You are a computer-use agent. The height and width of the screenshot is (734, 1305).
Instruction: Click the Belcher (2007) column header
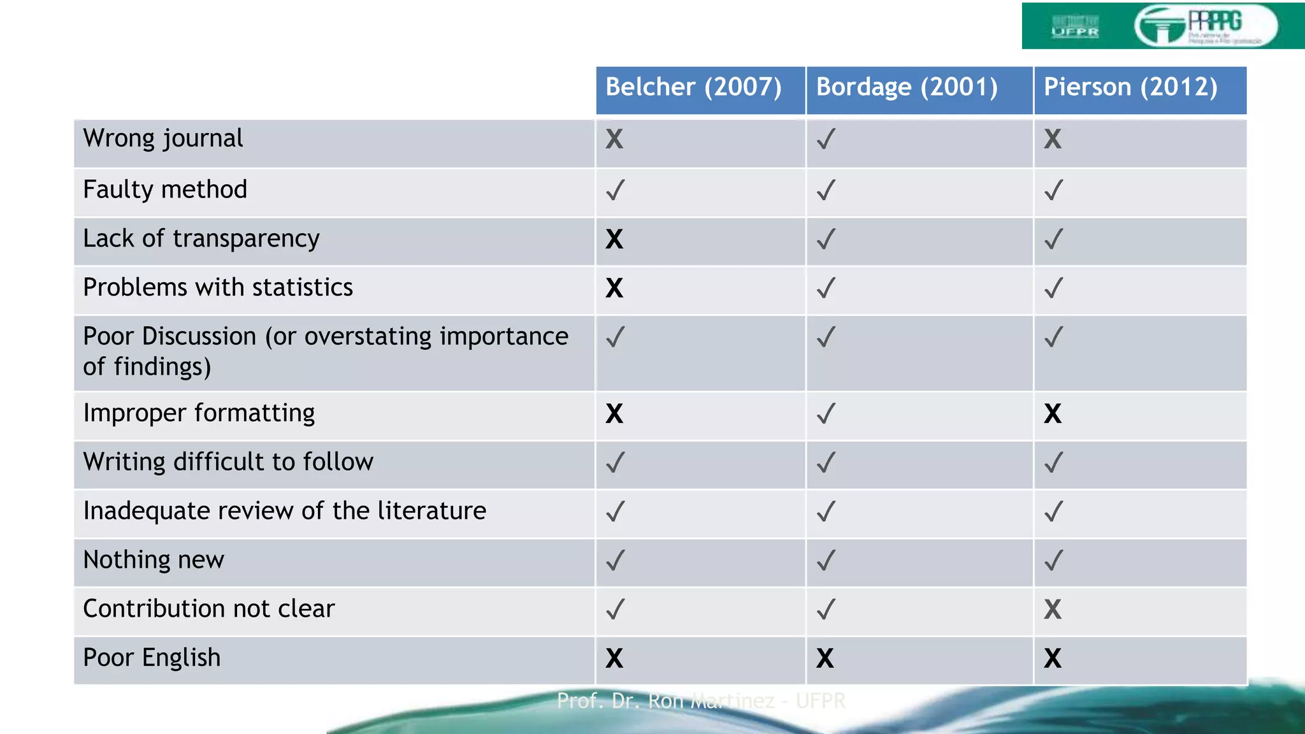(x=693, y=87)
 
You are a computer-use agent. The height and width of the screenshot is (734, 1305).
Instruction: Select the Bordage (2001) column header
(x=907, y=87)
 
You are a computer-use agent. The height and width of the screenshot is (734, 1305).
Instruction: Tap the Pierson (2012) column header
(x=1130, y=87)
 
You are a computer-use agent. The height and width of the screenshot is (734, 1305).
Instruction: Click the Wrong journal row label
(x=163, y=139)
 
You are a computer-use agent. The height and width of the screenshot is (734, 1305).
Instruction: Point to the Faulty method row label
(x=165, y=190)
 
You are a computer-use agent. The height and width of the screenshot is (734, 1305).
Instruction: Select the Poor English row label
(x=152, y=658)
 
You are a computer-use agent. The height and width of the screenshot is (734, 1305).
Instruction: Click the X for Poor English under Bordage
(x=825, y=658)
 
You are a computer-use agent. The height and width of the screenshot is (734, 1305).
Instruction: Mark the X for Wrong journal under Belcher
(x=614, y=139)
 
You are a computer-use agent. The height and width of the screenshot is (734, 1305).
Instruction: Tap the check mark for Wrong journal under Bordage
(x=826, y=139)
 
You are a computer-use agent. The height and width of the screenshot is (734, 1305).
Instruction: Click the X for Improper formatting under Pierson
(x=1053, y=414)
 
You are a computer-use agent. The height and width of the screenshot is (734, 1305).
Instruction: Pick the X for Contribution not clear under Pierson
(x=1053, y=609)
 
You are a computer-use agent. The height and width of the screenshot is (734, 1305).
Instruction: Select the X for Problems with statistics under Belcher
(x=614, y=288)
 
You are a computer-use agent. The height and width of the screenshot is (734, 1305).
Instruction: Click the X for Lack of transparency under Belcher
(x=614, y=240)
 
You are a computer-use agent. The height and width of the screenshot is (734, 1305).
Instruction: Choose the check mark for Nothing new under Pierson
(x=1053, y=561)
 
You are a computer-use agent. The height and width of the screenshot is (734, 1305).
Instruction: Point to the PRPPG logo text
(x=1215, y=22)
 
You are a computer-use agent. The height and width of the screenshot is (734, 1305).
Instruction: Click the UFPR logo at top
(x=1075, y=27)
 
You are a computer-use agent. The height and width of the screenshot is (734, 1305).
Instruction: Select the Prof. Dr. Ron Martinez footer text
(x=701, y=701)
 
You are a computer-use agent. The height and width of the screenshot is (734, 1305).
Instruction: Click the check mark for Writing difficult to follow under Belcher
(x=615, y=463)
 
